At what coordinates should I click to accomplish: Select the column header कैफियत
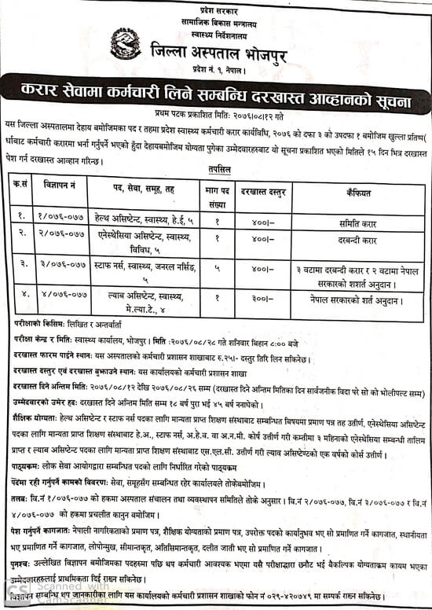pos(357,191)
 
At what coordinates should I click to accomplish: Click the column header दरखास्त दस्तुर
pos(262,191)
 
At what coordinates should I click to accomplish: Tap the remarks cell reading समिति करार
pos(357,216)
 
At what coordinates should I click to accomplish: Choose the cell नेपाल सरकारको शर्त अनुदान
pos(357,299)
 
